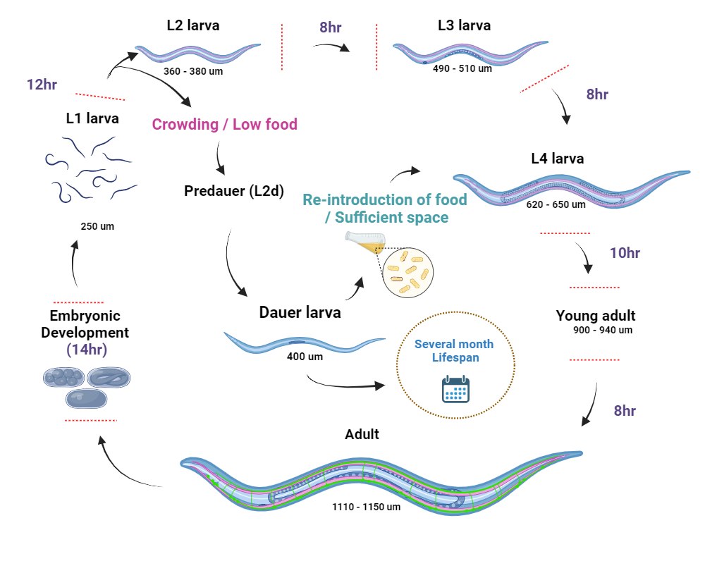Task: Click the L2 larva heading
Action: pos(193,25)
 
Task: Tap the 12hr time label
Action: pos(42,85)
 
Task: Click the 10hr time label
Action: pos(625,253)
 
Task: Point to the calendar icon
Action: pos(455,389)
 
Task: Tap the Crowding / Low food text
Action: pos(225,125)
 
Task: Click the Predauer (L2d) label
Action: pos(234,191)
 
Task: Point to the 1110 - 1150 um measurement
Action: pos(367,507)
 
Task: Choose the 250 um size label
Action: pos(97,226)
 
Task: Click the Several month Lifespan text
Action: pos(454,351)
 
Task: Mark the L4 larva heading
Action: pos(558,159)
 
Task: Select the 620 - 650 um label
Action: pos(556,205)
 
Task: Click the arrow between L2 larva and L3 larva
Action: pos(331,47)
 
